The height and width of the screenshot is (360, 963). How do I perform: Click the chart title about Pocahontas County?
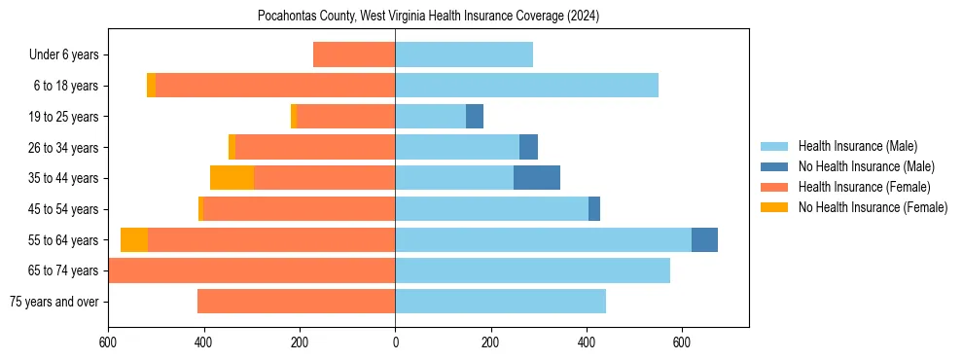pyautogui.click(x=428, y=16)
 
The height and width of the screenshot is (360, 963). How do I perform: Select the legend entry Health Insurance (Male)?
pyautogui.click(x=857, y=146)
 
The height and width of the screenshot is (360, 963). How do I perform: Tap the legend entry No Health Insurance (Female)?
pyautogui.click(x=872, y=207)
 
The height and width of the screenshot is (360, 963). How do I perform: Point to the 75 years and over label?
pyautogui.click(x=53, y=302)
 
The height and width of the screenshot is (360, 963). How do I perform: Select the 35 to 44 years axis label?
pyautogui.click(x=64, y=178)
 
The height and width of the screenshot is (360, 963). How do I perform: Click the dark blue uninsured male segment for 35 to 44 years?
pyautogui.click(x=537, y=178)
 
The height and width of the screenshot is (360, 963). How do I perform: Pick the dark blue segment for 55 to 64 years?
pyautogui.click(x=704, y=239)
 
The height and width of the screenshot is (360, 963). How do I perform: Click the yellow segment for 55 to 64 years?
pyautogui.click(x=134, y=239)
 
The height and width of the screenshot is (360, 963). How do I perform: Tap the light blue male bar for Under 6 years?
pyautogui.click(x=464, y=54)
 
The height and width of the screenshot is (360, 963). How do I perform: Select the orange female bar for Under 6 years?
pyautogui.click(x=354, y=54)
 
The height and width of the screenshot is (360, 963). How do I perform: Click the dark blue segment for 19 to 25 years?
pyautogui.click(x=475, y=117)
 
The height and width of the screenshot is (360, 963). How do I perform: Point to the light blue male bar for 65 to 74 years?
pyautogui.click(x=532, y=270)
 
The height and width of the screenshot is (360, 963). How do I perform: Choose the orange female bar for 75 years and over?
pyautogui.click(x=297, y=302)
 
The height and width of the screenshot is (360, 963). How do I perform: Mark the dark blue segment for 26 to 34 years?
pyautogui.click(x=528, y=147)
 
